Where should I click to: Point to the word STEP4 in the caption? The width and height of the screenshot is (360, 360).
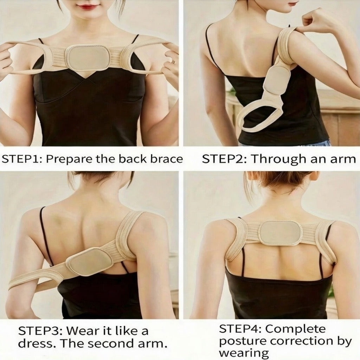point(239,329)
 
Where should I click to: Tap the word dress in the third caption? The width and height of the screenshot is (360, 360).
point(34,343)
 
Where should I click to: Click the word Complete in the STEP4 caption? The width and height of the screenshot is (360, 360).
point(295,329)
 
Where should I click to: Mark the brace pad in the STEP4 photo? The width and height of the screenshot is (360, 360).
point(280,233)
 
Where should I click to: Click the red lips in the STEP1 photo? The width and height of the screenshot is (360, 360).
point(88,6)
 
